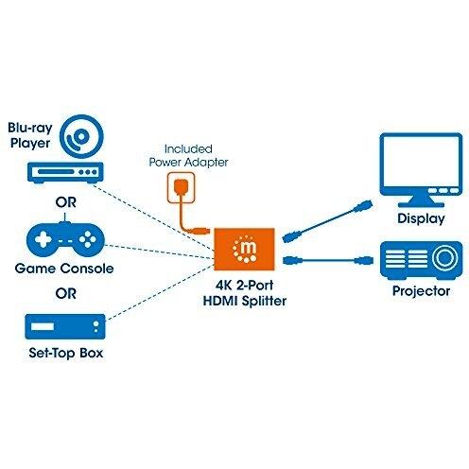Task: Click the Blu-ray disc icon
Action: tap(81, 136)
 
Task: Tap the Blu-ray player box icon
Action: tap(65, 173)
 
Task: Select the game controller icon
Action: tap(65, 238)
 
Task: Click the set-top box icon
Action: tap(65, 326)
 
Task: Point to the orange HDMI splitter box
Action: tap(244, 249)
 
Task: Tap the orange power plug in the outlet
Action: tap(181, 187)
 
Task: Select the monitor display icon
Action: tap(421, 169)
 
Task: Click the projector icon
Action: tap(421, 260)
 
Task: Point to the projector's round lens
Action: tap(444, 257)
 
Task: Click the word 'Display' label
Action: tap(421, 218)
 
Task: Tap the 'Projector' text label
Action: tap(421, 291)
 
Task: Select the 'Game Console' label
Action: tap(64, 269)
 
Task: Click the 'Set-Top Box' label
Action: tap(65, 353)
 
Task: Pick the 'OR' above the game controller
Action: tap(66, 202)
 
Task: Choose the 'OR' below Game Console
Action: tap(66, 294)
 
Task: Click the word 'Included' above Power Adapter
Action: tap(188, 148)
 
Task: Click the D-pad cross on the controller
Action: tap(43, 239)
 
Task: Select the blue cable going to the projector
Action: tap(328, 261)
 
